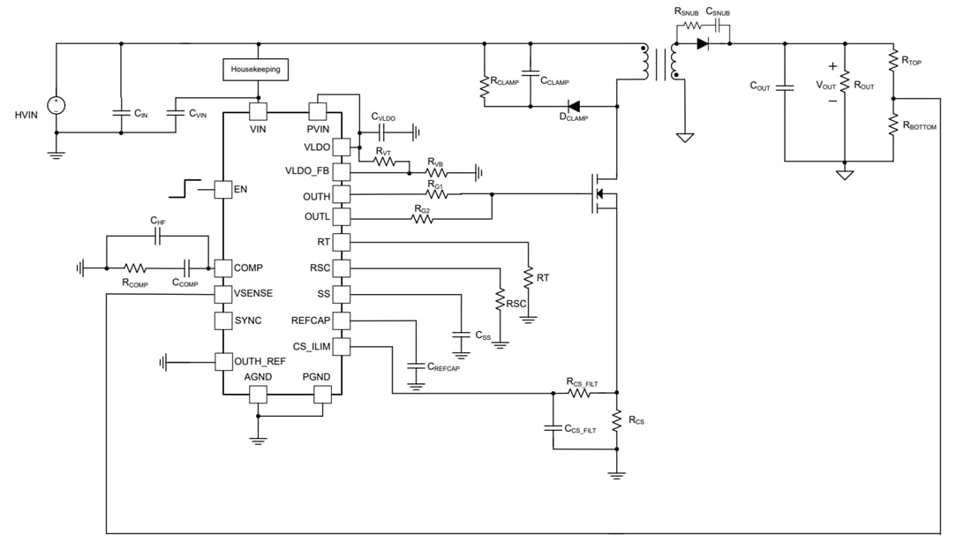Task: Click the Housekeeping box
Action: click(256, 68)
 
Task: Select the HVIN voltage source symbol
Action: click(56, 105)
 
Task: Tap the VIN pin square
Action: click(257, 111)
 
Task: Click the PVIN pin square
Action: click(317, 111)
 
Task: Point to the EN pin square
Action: click(222, 189)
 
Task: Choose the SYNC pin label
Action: click(248, 321)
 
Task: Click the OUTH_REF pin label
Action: click(260, 360)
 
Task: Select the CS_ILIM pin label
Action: click(312, 346)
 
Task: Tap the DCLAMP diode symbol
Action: click(575, 106)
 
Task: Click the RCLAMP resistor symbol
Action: click(484, 87)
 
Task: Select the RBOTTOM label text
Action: click(920, 127)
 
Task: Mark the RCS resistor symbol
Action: click(616, 422)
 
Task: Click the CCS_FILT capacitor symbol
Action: click(552, 428)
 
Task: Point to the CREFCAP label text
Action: click(443, 368)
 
